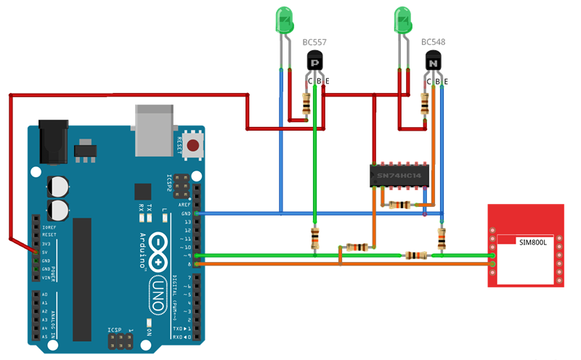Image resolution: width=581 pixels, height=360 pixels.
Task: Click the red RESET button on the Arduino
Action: point(193,145)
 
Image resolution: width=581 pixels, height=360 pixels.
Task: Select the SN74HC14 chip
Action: point(399,175)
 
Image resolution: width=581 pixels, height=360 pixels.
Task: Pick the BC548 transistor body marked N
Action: point(433,62)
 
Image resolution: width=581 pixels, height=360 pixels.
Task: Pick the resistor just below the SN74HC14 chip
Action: point(399,205)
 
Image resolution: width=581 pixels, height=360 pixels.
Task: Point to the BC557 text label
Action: point(314,42)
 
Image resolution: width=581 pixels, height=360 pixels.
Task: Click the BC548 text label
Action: point(433,42)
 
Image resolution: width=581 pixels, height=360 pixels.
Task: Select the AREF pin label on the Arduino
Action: point(187,205)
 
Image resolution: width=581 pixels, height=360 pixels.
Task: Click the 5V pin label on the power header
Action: point(46,252)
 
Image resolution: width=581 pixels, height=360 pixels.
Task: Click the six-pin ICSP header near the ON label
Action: point(121,340)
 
